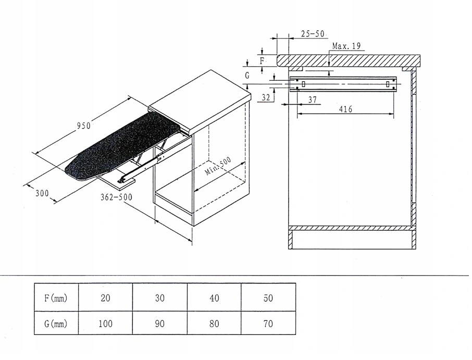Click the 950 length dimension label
[x=84, y=126]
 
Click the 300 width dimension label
[x=42, y=193]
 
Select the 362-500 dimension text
[x=116, y=197]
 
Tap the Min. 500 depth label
[x=218, y=167]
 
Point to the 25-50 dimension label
[x=313, y=34]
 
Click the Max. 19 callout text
[x=346, y=46]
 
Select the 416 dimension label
[x=345, y=109]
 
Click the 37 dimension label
[x=313, y=99]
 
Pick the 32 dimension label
[x=266, y=97]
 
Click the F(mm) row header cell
[x=56, y=298]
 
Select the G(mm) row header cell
[x=56, y=324]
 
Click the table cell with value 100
[x=105, y=324]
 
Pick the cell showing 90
[x=159, y=324]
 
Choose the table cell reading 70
[x=268, y=324]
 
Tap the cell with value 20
[x=105, y=298]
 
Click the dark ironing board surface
[x=125, y=143]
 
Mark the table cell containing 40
[x=214, y=298]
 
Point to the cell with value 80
[x=214, y=324]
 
